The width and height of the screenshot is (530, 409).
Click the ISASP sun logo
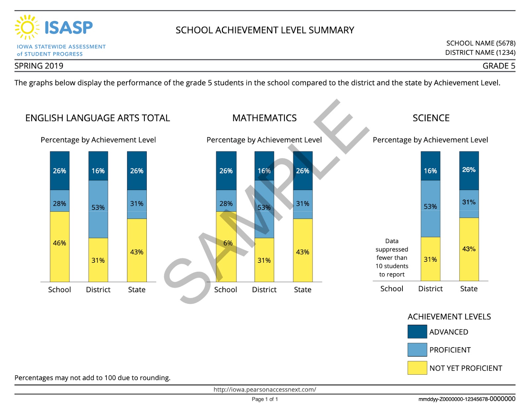tap(27, 27)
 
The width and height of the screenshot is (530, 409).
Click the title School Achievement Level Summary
tap(265, 30)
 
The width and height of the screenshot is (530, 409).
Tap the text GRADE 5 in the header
tap(499, 66)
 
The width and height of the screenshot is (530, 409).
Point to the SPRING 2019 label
tap(39, 66)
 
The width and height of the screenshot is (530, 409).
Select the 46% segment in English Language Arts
tap(60, 246)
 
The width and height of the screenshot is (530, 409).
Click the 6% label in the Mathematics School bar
tap(228, 243)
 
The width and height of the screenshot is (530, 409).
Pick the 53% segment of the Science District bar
tap(430, 208)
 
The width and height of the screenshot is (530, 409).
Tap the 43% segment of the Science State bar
tap(469, 249)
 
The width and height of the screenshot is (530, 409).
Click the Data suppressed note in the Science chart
tap(392, 257)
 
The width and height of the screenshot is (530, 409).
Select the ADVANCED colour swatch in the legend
tap(417, 332)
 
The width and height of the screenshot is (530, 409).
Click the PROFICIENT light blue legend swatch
tap(417, 350)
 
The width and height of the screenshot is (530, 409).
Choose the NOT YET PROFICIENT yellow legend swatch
tap(417, 368)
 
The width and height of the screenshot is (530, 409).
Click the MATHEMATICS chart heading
tap(264, 118)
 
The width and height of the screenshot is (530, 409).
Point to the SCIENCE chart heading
tap(431, 118)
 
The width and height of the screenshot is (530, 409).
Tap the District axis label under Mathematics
tap(264, 290)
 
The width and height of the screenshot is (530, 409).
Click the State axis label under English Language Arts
tap(136, 290)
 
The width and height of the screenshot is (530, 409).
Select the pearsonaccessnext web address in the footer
tap(265, 389)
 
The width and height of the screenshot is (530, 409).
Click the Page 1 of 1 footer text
tap(265, 399)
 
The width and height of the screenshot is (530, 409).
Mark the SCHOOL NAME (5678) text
tap(481, 43)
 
